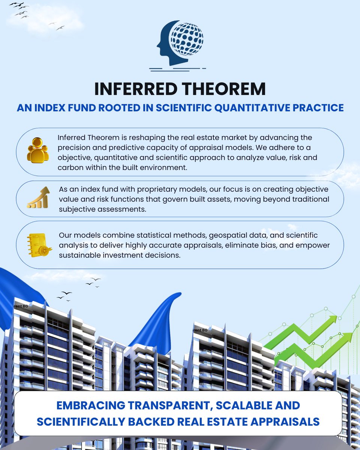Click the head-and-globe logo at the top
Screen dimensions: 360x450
click(x=180, y=43)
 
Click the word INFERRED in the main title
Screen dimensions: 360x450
click(x=136, y=89)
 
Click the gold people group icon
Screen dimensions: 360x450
click(x=38, y=150)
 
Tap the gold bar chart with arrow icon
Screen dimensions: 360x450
click(x=39, y=197)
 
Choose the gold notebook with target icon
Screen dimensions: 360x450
click(x=39, y=245)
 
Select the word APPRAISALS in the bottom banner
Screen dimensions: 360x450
click(x=285, y=421)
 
